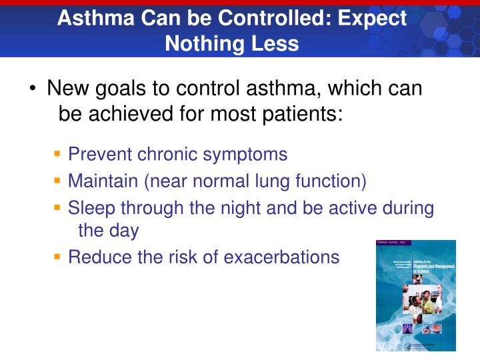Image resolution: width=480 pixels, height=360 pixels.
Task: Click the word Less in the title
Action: coord(276,43)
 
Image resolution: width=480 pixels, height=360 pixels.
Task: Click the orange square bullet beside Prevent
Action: coord(58,154)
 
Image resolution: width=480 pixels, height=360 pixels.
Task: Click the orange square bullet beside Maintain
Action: coord(58,181)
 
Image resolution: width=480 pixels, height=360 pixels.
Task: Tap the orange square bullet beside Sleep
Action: coord(58,207)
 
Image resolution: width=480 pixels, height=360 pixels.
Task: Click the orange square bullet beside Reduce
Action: coord(58,257)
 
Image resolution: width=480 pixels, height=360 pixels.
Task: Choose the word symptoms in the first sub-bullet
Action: coord(246,155)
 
